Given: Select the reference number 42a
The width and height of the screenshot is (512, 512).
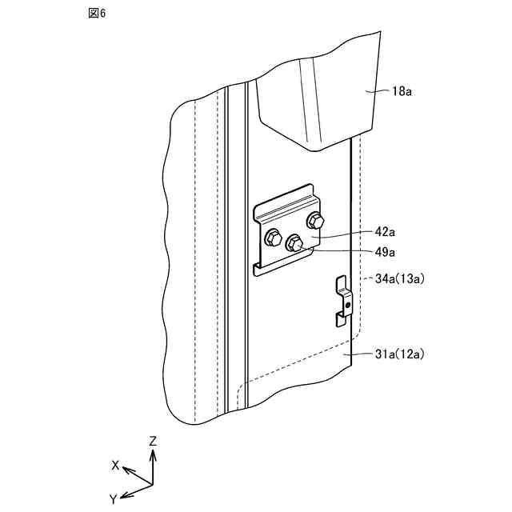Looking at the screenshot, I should (385, 232).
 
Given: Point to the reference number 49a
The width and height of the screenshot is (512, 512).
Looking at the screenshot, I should (385, 252).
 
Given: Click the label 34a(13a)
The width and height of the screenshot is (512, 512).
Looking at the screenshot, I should (399, 278).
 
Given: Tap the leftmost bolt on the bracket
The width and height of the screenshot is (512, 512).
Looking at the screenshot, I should (271, 238).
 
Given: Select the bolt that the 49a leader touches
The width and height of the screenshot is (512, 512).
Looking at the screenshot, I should (294, 242).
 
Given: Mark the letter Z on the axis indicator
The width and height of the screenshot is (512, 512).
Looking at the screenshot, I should (153, 440).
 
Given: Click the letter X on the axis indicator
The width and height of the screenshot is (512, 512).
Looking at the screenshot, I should (116, 465).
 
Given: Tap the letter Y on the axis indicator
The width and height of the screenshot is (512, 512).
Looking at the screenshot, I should (114, 498).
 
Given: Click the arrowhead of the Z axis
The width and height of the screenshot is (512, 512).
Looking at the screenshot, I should (153, 453).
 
